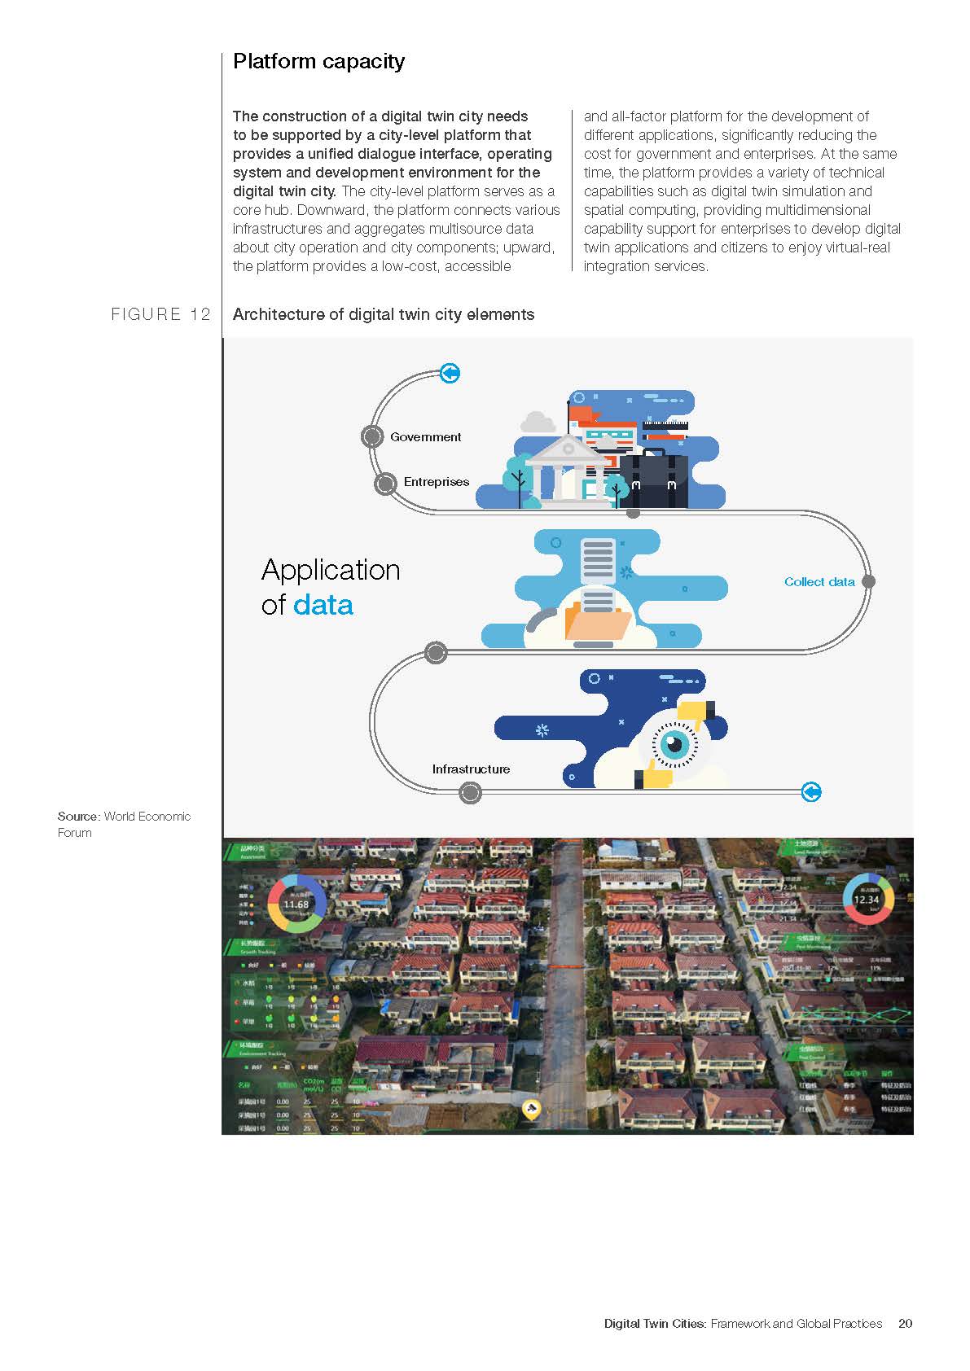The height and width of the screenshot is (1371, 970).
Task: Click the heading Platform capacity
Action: pyautogui.click(x=318, y=62)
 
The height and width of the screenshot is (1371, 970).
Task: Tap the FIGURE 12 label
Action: pyautogui.click(x=160, y=314)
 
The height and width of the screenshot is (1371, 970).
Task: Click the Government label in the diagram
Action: pyautogui.click(x=425, y=437)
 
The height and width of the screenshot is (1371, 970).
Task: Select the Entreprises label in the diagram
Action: pyautogui.click(x=436, y=482)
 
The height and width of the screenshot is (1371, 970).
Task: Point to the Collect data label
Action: pyautogui.click(x=819, y=582)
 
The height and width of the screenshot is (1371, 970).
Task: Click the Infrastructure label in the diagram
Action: pyautogui.click(x=471, y=769)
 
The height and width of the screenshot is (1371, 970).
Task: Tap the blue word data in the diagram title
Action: pyautogui.click(x=323, y=605)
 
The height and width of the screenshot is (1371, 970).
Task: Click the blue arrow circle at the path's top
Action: pyautogui.click(x=450, y=373)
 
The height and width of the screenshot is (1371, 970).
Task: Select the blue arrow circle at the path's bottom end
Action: pyautogui.click(x=811, y=791)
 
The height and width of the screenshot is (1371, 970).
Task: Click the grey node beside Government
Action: pyautogui.click(x=372, y=436)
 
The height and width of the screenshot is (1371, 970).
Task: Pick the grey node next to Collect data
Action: pyautogui.click(x=868, y=581)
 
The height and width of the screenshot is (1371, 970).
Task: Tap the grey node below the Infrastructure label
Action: pyautogui.click(x=470, y=792)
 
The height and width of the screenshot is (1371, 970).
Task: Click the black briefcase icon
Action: pyautogui.click(x=653, y=480)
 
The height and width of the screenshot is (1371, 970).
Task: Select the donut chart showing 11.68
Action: pyautogui.click(x=296, y=904)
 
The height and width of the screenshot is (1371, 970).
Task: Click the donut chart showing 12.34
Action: pyautogui.click(x=867, y=899)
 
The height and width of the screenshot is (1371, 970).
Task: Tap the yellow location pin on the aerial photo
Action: pyautogui.click(x=531, y=1109)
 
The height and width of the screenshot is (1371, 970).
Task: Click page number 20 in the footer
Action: pyautogui.click(x=905, y=1324)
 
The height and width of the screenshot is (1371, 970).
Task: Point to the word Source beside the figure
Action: pyautogui.click(x=78, y=817)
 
